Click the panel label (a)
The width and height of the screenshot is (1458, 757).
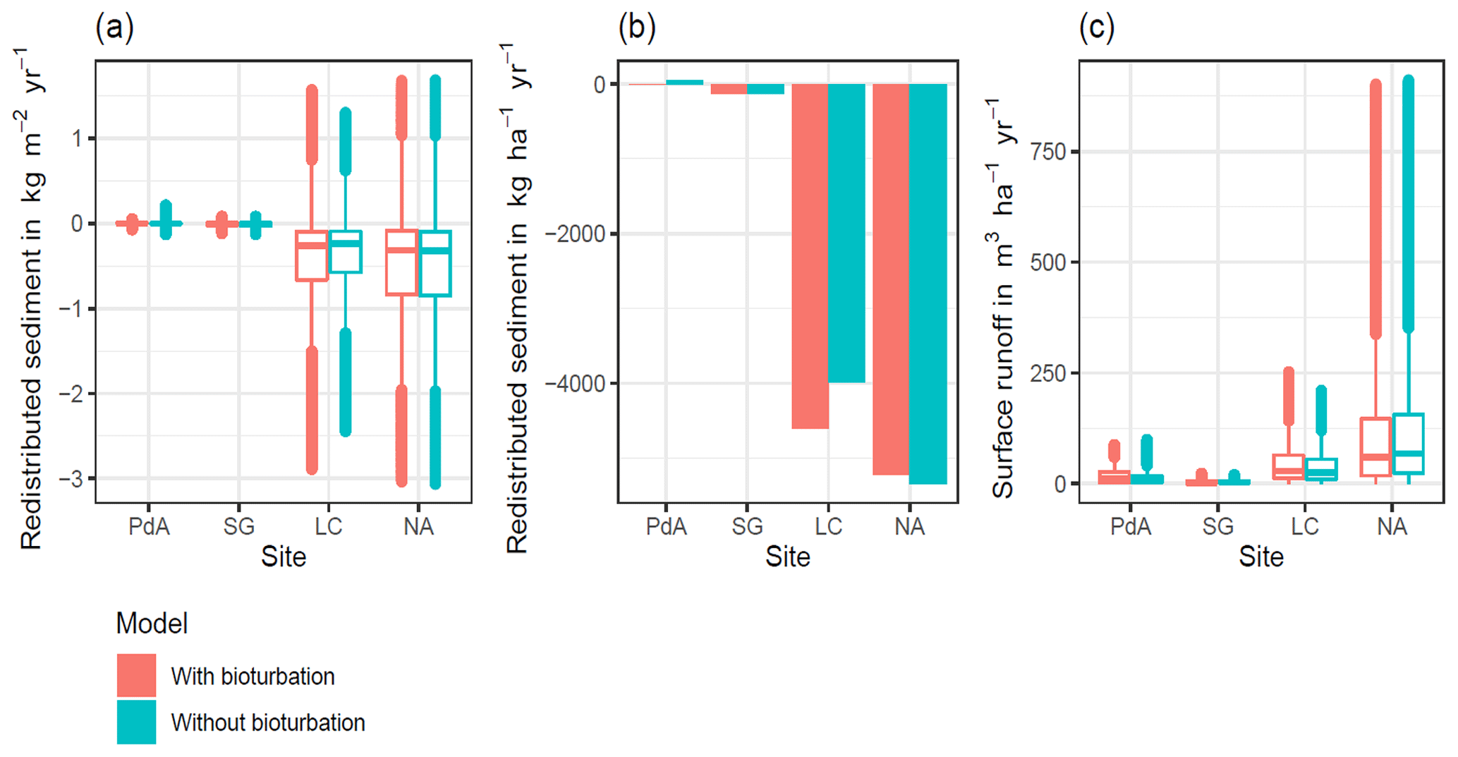114,28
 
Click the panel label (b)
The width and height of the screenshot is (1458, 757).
636,28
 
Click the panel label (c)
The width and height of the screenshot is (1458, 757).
1097,28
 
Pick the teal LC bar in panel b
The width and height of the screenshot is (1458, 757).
846,233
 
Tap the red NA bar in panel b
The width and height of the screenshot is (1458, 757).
891,279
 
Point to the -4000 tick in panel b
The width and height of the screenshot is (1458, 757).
576,384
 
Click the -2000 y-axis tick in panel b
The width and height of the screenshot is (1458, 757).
576,234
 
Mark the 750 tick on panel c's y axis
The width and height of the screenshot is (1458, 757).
1047,152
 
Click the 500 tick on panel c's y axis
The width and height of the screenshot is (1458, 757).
1047,262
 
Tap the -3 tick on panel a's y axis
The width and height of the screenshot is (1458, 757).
71,479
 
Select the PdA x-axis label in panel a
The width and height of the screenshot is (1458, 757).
149,526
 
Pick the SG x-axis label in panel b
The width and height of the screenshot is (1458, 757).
747,526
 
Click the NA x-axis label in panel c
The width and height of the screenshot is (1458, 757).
1392,526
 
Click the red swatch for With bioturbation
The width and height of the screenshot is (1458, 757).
136,675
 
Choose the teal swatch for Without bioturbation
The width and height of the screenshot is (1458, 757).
136,722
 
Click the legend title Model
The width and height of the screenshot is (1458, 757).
152,624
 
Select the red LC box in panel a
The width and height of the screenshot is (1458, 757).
311,256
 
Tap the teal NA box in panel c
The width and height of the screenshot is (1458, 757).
1408,443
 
